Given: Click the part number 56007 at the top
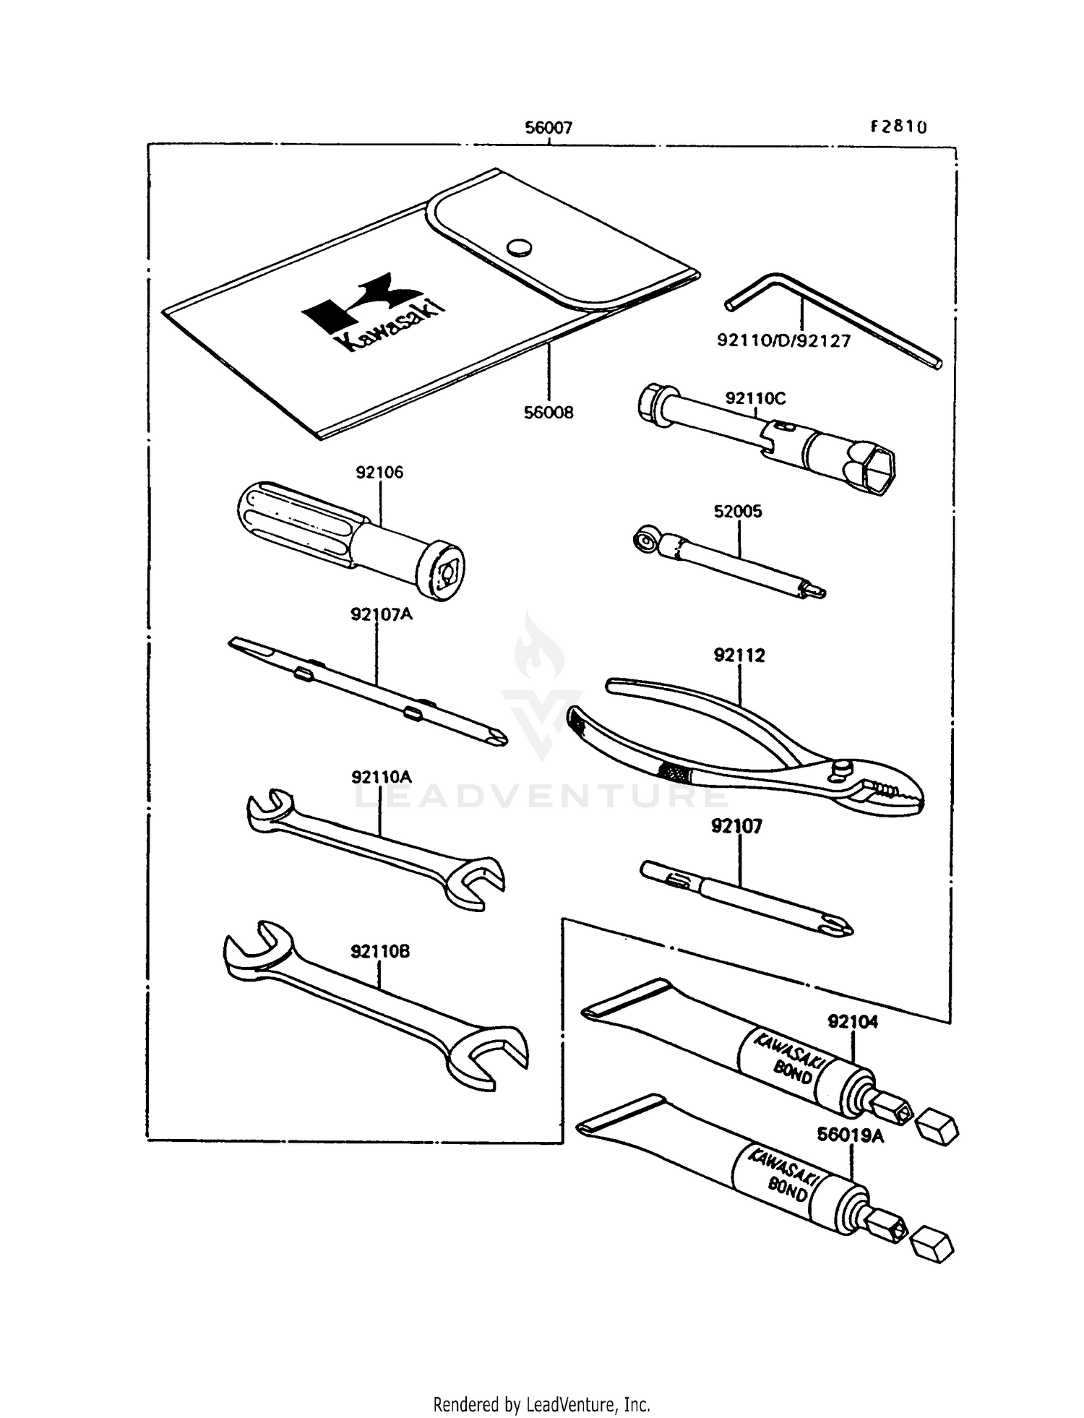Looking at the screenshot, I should point(549,128).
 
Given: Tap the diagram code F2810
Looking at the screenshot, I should point(898,127).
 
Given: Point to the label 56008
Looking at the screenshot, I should point(549,413).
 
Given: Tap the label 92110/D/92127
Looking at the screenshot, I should point(784,340).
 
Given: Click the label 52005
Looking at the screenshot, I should point(738,511).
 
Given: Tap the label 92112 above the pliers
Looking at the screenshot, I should point(739,655).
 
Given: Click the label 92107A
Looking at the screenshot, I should point(381,614).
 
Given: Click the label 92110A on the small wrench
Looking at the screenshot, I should point(382,777).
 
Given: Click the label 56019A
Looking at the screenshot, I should point(851,1135).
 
